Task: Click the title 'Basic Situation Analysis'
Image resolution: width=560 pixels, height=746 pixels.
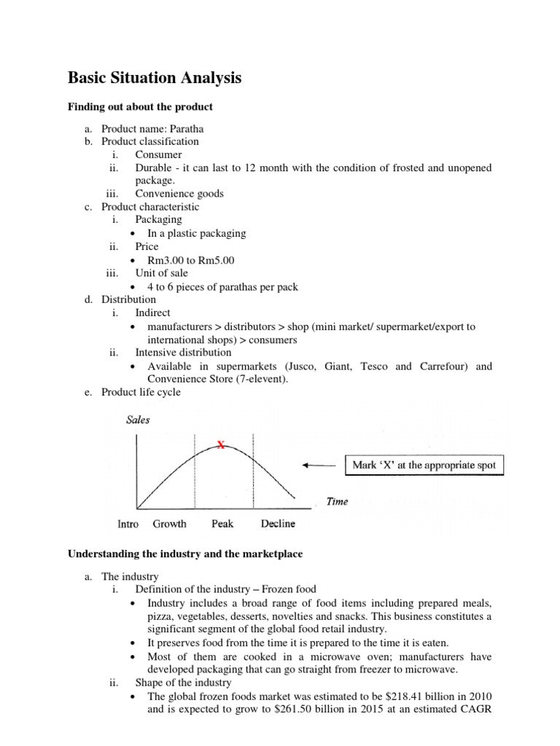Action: pos(155,77)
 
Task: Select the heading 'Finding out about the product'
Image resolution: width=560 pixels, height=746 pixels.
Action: pos(140,107)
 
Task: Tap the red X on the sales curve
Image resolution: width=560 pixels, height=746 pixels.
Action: pos(220,445)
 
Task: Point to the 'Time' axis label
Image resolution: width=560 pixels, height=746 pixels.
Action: pos(337,501)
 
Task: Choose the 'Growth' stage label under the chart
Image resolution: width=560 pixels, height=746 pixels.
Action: pos(169,524)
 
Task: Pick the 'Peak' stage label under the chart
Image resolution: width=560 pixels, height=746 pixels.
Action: pos(222,524)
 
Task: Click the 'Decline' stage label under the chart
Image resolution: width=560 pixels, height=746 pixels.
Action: pos(278,524)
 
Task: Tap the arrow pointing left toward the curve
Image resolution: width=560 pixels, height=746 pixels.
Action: pos(316,465)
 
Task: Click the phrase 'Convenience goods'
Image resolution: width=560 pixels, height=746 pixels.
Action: pos(179,193)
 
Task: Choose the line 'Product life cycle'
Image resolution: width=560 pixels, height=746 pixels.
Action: pos(141,392)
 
